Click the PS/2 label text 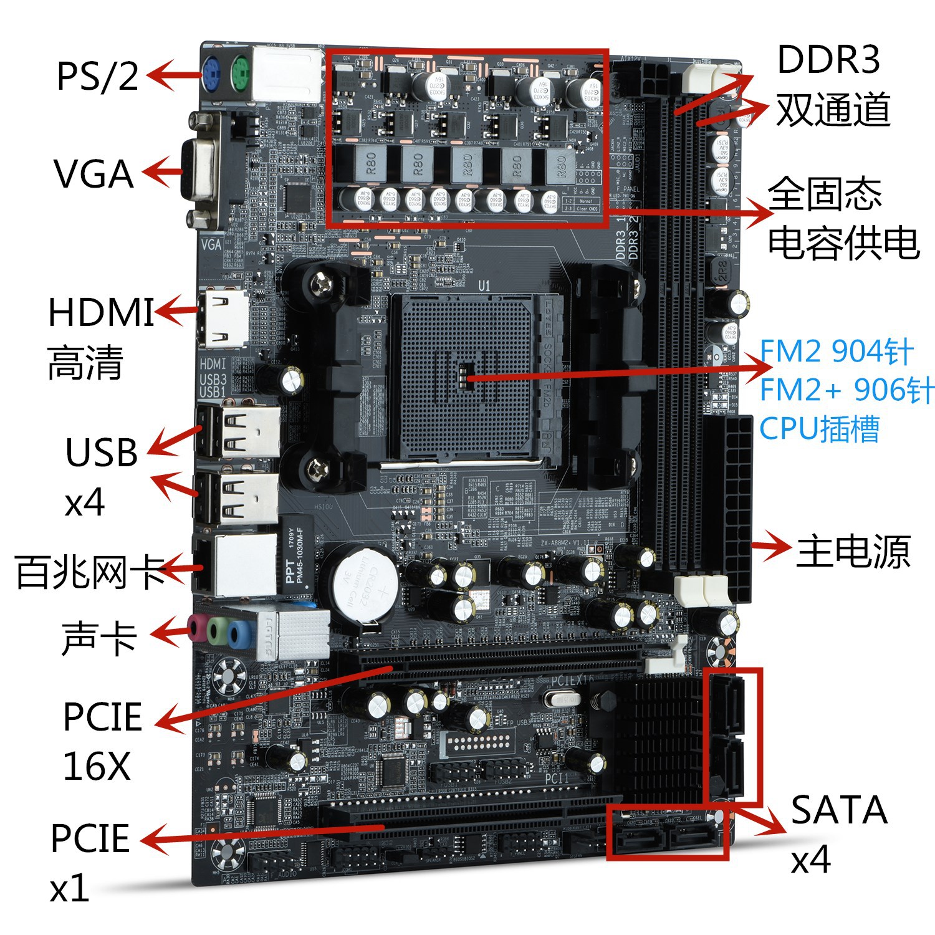97,76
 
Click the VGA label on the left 93,174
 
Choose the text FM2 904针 836,352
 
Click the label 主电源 853,551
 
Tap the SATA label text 838,810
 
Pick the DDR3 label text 828,60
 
